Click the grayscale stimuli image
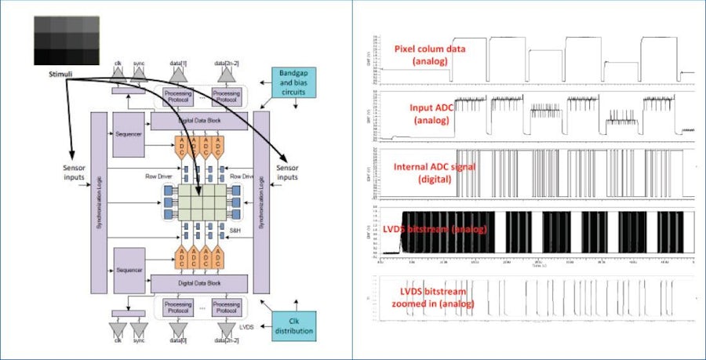point(65,40)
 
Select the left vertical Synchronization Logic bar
point(98,200)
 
